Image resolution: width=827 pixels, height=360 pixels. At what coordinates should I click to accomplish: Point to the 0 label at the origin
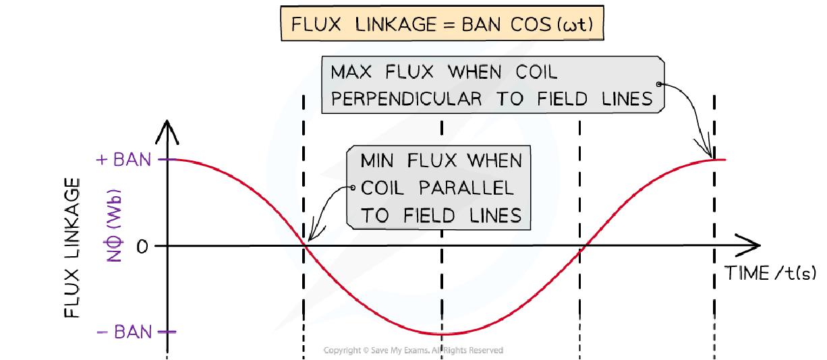141,247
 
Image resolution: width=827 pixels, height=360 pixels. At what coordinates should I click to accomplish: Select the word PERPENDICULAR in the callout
407,99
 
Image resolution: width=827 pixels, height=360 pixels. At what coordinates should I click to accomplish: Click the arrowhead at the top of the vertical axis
167,129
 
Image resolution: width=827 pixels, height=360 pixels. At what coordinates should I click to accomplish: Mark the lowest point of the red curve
442,334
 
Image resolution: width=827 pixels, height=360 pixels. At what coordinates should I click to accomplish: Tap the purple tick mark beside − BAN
167,332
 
